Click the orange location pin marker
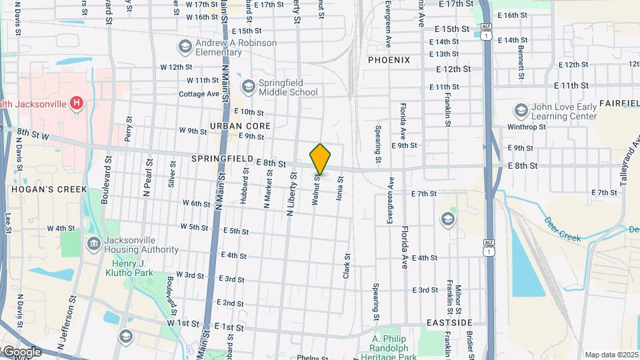click(x=321, y=159)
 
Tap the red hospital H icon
click(x=77, y=103)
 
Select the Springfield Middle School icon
click(x=249, y=87)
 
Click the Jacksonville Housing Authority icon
click(x=94, y=245)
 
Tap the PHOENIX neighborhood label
click(x=389, y=60)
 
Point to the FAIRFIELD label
click(x=619, y=103)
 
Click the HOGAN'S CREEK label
click(x=49, y=189)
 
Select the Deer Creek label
click(x=563, y=229)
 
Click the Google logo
click(x=22, y=351)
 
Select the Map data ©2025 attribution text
click(x=610, y=355)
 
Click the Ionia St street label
click(x=339, y=188)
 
